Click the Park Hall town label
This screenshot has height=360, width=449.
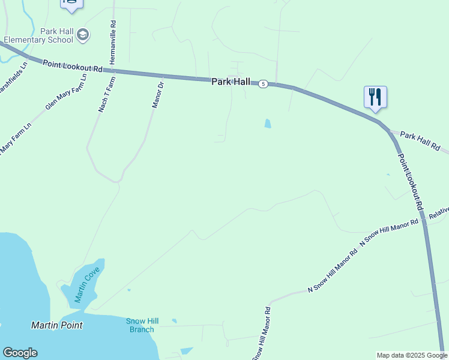pyautogui.click(x=230, y=81)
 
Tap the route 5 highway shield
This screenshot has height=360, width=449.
pyautogui.click(x=263, y=84)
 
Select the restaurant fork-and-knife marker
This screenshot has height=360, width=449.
pyautogui.click(x=375, y=97)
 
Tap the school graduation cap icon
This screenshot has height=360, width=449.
pyautogui.click(x=83, y=35)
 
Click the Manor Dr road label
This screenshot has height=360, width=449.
pyautogui.click(x=158, y=94)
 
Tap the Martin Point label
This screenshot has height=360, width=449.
pyautogui.click(x=56, y=325)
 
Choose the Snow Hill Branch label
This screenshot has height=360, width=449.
pyautogui.click(x=141, y=325)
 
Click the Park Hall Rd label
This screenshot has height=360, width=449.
pyautogui.click(x=420, y=142)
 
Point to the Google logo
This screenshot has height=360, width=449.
pyautogui.click(x=20, y=353)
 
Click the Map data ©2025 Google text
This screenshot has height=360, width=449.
pyautogui.click(x=412, y=355)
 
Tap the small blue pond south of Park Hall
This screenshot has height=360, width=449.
pyautogui.click(x=267, y=124)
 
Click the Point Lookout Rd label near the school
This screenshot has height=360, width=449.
pyautogui.click(x=73, y=66)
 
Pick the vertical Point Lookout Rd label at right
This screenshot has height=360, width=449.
pyautogui.click(x=411, y=181)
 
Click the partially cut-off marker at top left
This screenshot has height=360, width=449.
pyautogui.click(x=71, y=4)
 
